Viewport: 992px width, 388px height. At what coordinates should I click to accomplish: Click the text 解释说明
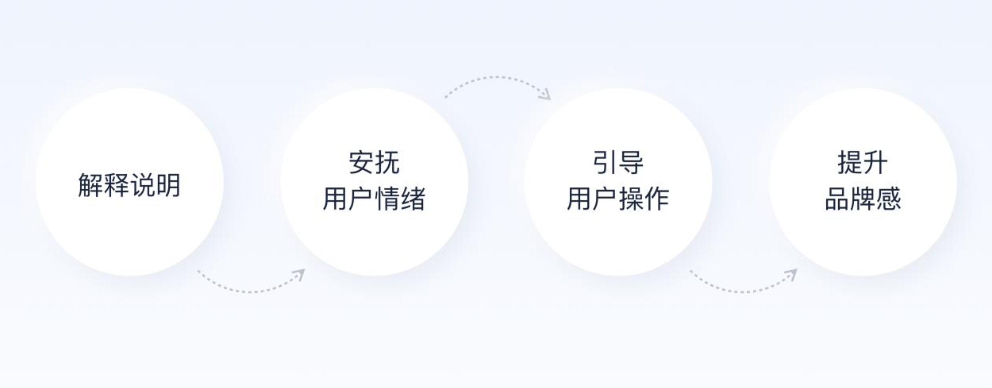coord(129,185)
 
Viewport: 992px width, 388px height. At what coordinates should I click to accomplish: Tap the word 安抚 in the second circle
coord(374,162)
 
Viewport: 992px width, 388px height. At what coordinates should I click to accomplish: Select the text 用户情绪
coord(374,199)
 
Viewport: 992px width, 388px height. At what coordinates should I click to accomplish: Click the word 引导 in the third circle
coord(618,162)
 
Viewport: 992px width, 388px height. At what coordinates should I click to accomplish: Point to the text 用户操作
coord(618,199)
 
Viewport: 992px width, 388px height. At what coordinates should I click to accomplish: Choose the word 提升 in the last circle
coord(863,162)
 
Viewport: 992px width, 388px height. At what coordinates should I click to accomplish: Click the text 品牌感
coord(863,199)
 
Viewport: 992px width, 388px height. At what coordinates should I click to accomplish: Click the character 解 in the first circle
coord(90,185)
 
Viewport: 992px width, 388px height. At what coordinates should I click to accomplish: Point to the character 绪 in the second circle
coord(413,199)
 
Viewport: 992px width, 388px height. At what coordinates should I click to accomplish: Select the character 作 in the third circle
coord(657,199)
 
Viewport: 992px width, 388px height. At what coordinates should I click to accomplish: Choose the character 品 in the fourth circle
coord(837,199)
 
